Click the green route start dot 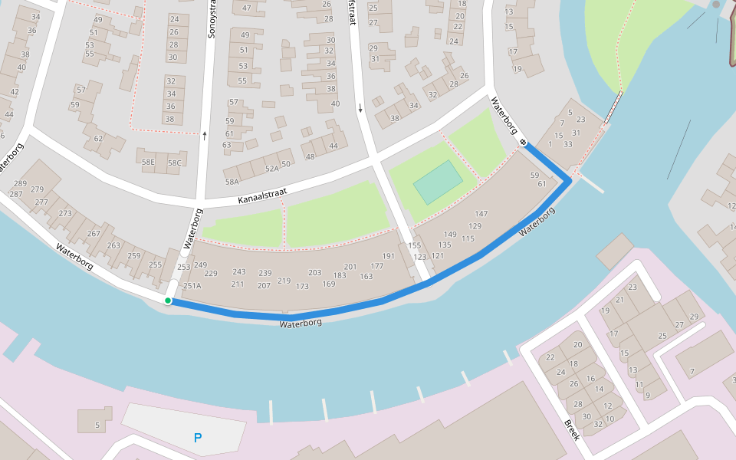click(x=168, y=301)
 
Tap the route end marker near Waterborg click(x=523, y=142)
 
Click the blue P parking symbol click(x=198, y=439)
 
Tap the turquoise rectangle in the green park click(x=438, y=182)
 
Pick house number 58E click(x=147, y=162)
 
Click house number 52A click(x=271, y=168)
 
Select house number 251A click(x=192, y=286)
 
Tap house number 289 click(x=20, y=184)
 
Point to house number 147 click(x=481, y=214)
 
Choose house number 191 click(x=388, y=256)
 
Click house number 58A click(x=232, y=182)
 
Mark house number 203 click(x=314, y=272)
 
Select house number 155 click(x=415, y=245)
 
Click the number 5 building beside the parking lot click(x=97, y=425)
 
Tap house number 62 click(x=98, y=139)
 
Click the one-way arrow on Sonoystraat click(x=205, y=136)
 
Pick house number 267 click(x=94, y=234)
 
